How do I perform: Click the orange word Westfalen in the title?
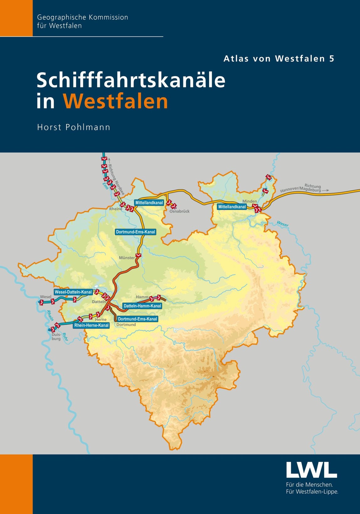tap(115, 101)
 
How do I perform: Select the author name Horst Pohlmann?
tap(74, 127)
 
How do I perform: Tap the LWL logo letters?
tap(311, 469)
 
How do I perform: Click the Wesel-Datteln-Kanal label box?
tap(73, 292)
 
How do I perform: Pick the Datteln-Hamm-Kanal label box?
tap(142, 306)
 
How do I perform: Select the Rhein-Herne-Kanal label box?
tap(91, 325)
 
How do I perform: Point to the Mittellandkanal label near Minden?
tap(232, 207)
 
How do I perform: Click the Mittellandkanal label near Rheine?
tap(149, 203)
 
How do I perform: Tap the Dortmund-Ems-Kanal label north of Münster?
tap(135, 232)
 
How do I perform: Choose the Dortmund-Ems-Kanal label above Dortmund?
tap(137, 319)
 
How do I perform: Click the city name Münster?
tap(127, 258)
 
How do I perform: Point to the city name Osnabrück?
tap(179, 211)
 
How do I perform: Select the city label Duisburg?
tap(56, 337)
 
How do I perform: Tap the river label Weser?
tap(283, 224)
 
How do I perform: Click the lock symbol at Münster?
tap(138, 255)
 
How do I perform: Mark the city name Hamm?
tap(142, 297)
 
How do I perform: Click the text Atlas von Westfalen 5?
tap(279, 59)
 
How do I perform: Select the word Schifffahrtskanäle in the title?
tap(131, 80)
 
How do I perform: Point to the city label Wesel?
tap(46, 297)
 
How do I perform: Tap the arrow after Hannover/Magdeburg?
tap(326, 190)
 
